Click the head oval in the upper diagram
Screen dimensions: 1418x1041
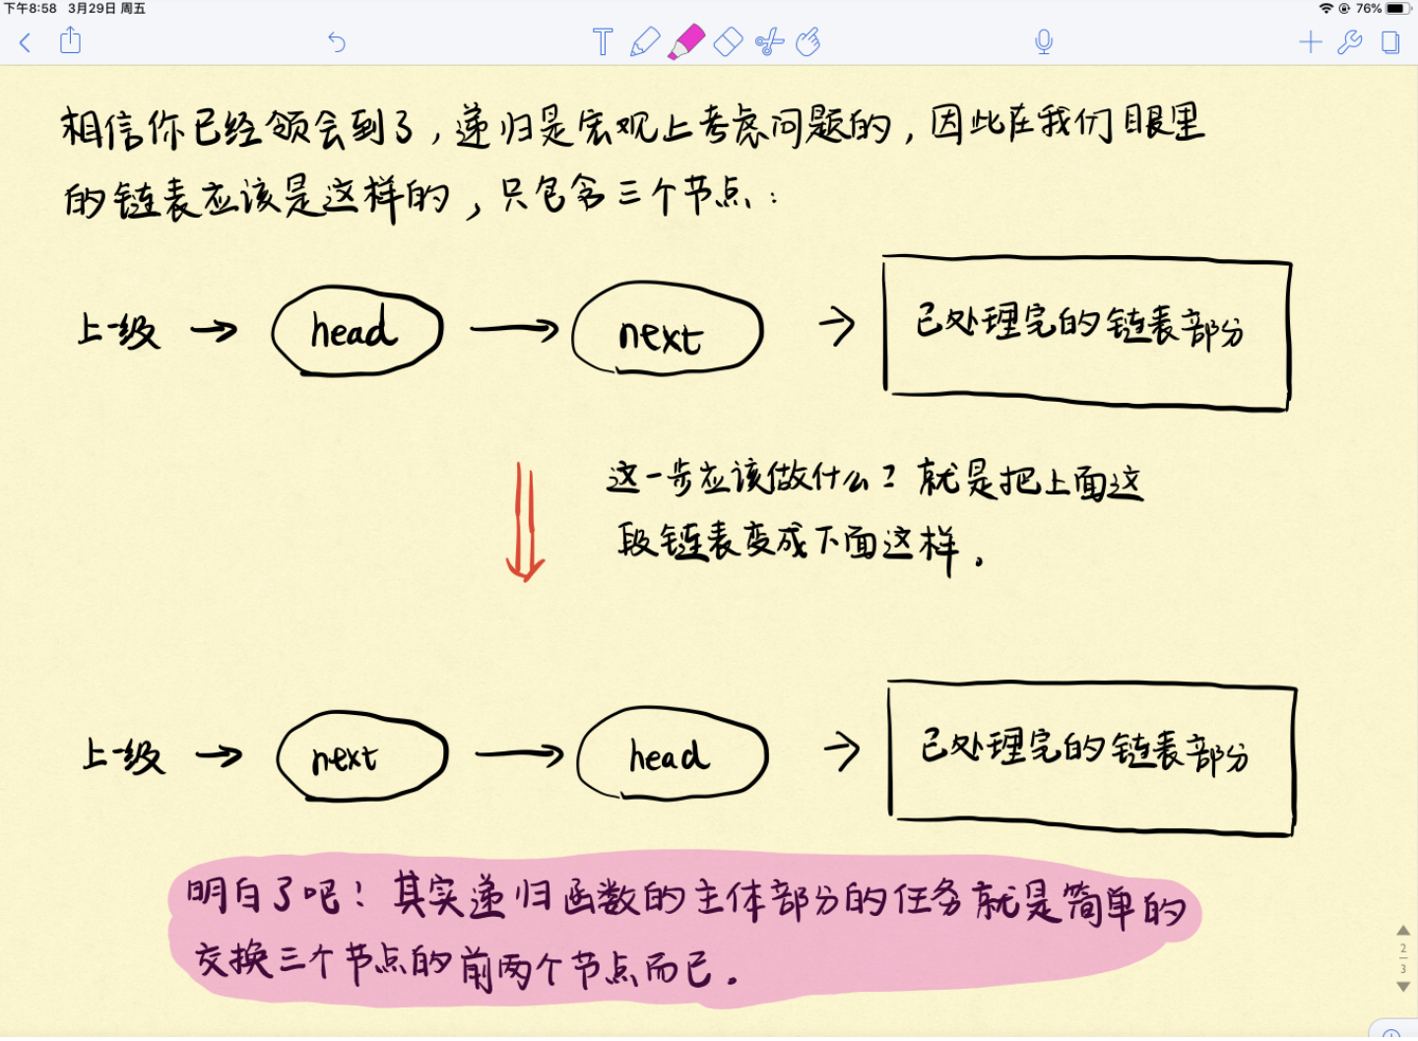tap(356, 331)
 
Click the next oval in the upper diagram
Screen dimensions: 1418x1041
tap(667, 331)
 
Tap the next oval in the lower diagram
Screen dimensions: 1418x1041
tap(361, 756)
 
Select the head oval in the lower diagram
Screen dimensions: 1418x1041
tap(672, 753)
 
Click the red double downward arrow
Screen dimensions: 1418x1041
tap(525, 522)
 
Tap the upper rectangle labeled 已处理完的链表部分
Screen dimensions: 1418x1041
tap(1086, 332)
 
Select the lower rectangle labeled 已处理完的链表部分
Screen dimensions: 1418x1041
tap(1091, 757)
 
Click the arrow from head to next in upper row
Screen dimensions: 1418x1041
tap(514, 329)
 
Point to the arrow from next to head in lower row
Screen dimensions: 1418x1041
tap(519, 755)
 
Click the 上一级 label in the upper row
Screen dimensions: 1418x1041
tap(118, 331)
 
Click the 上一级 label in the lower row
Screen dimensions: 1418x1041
tap(123, 755)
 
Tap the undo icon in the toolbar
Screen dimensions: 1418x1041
tap(337, 42)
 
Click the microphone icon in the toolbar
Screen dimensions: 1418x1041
tap(1044, 42)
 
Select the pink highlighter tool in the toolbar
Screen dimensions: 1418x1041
tap(686, 42)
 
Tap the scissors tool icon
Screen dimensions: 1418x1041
tap(769, 42)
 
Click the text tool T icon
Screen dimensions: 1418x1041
tap(603, 42)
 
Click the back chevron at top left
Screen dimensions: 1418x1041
tap(26, 42)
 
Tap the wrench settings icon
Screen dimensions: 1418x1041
tap(1350, 42)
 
